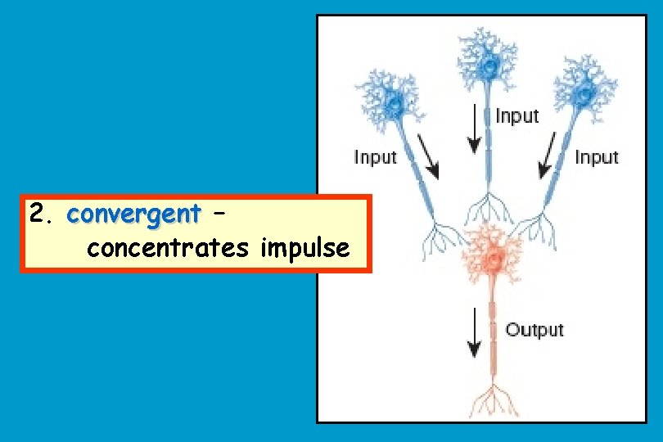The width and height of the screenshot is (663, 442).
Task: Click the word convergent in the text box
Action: (x=133, y=214)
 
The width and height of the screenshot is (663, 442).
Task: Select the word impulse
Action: (x=305, y=248)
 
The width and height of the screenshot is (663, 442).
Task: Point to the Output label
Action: (x=534, y=330)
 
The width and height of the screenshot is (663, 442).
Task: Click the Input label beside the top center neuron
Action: (x=517, y=116)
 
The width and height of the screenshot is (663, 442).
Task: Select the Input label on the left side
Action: (x=375, y=157)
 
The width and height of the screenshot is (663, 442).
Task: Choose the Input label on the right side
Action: (x=597, y=157)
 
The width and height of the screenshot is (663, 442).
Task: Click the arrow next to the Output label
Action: (x=473, y=331)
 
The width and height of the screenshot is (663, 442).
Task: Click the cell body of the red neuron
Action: (x=493, y=260)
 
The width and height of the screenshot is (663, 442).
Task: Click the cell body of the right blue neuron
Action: (x=586, y=95)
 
